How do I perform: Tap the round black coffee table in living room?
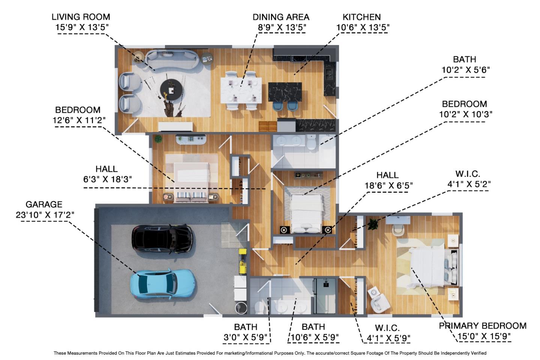point(172,90)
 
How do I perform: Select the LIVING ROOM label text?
point(81,17)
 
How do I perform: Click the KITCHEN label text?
point(361,17)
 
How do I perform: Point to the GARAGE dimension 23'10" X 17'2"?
point(45,214)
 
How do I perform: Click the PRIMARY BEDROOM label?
point(483,325)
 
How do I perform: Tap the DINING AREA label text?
point(280,17)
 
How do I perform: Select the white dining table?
point(241,90)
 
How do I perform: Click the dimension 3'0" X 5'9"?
point(246,337)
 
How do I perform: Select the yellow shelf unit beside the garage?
point(243,261)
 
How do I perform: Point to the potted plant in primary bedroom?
point(373,224)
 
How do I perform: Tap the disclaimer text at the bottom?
point(270,353)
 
